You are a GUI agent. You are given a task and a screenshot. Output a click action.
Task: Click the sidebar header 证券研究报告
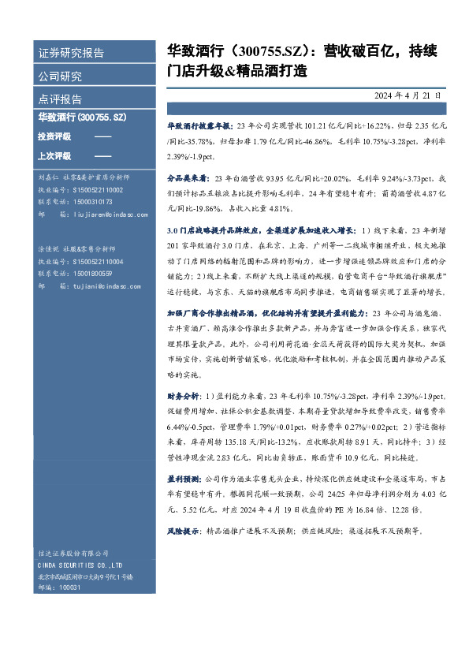(x=72, y=54)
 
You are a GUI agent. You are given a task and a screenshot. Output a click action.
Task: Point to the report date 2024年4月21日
(x=408, y=95)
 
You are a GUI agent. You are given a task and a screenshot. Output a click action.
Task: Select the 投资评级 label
(x=54, y=137)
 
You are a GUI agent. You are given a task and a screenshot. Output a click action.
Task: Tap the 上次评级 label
(x=54, y=156)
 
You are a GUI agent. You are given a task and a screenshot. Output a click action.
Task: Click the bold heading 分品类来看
(x=186, y=177)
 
